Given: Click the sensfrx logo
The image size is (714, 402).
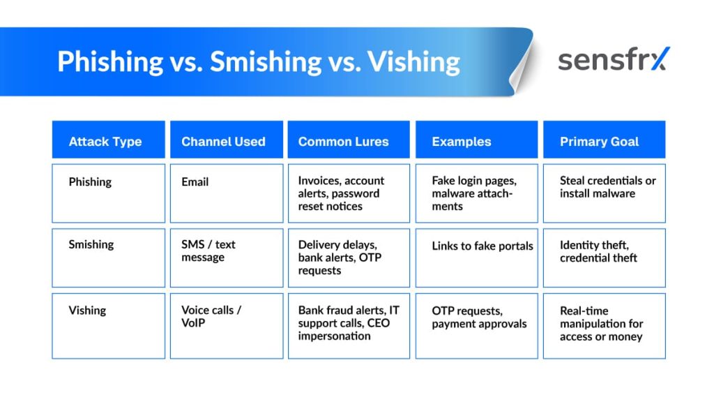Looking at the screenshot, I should click(x=613, y=60).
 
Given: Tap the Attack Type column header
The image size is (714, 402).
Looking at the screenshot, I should click(x=108, y=142).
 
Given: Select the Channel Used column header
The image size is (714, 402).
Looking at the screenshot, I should click(x=226, y=142).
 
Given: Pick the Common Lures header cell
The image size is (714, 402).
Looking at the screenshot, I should click(x=349, y=142).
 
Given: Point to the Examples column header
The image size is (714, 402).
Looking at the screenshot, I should click(x=476, y=142).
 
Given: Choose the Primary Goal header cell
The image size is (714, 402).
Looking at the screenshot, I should click(x=604, y=142).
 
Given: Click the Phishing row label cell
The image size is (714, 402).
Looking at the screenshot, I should click(x=108, y=193).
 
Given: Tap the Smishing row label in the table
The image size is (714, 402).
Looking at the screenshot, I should click(x=108, y=258).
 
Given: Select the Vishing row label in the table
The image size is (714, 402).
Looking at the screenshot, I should click(x=108, y=325).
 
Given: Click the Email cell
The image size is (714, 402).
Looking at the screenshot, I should click(x=226, y=193).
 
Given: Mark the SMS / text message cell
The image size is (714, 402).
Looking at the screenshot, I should click(x=226, y=258).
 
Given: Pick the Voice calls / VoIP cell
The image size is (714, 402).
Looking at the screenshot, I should click(x=226, y=325).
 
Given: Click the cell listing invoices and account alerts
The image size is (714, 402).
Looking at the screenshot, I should click(x=349, y=193).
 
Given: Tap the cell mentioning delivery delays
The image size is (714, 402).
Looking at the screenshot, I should click(x=349, y=258).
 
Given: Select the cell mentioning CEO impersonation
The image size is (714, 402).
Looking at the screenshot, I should click(x=349, y=325).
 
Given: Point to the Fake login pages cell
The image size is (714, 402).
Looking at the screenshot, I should click(x=476, y=193).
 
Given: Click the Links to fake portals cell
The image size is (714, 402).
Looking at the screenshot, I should click(x=476, y=258).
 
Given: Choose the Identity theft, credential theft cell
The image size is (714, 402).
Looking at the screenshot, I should click(x=604, y=258).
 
